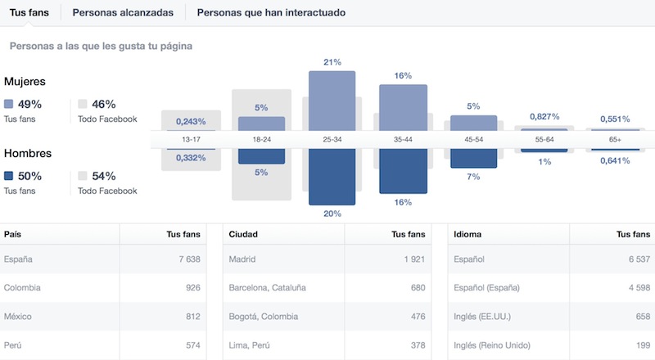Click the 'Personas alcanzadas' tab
pos(122,13)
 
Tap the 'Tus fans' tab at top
pos(29,13)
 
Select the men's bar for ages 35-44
pos(402,171)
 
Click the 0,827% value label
pos(544,118)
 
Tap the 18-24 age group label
pos(262,140)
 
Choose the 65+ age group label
pos(614,140)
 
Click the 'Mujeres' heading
pos(25,82)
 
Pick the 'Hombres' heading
pos(28,154)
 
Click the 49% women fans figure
pos(29,104)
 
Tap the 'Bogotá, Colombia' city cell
pos(264,317)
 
